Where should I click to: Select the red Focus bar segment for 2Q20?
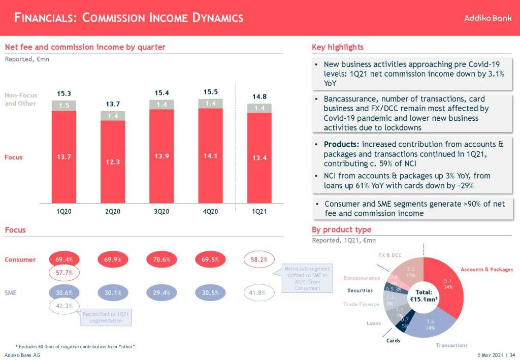[113, 162]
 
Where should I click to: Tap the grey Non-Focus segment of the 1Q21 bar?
[259, 108]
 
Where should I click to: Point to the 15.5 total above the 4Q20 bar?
[210, 92]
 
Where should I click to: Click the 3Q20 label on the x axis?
[161, 211]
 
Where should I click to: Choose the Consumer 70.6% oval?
[161, 259]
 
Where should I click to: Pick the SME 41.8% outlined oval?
[259, 292]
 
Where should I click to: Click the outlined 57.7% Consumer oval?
[64, 273]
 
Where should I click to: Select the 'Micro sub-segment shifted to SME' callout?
[306, 278]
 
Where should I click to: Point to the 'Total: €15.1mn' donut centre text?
[424, 296]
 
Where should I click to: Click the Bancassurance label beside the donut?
[362, 278]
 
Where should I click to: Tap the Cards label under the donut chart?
[393, 340]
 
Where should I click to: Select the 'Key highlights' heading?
[338, 47]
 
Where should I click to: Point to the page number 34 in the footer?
[512, 354]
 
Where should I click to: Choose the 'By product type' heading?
[341, 230]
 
